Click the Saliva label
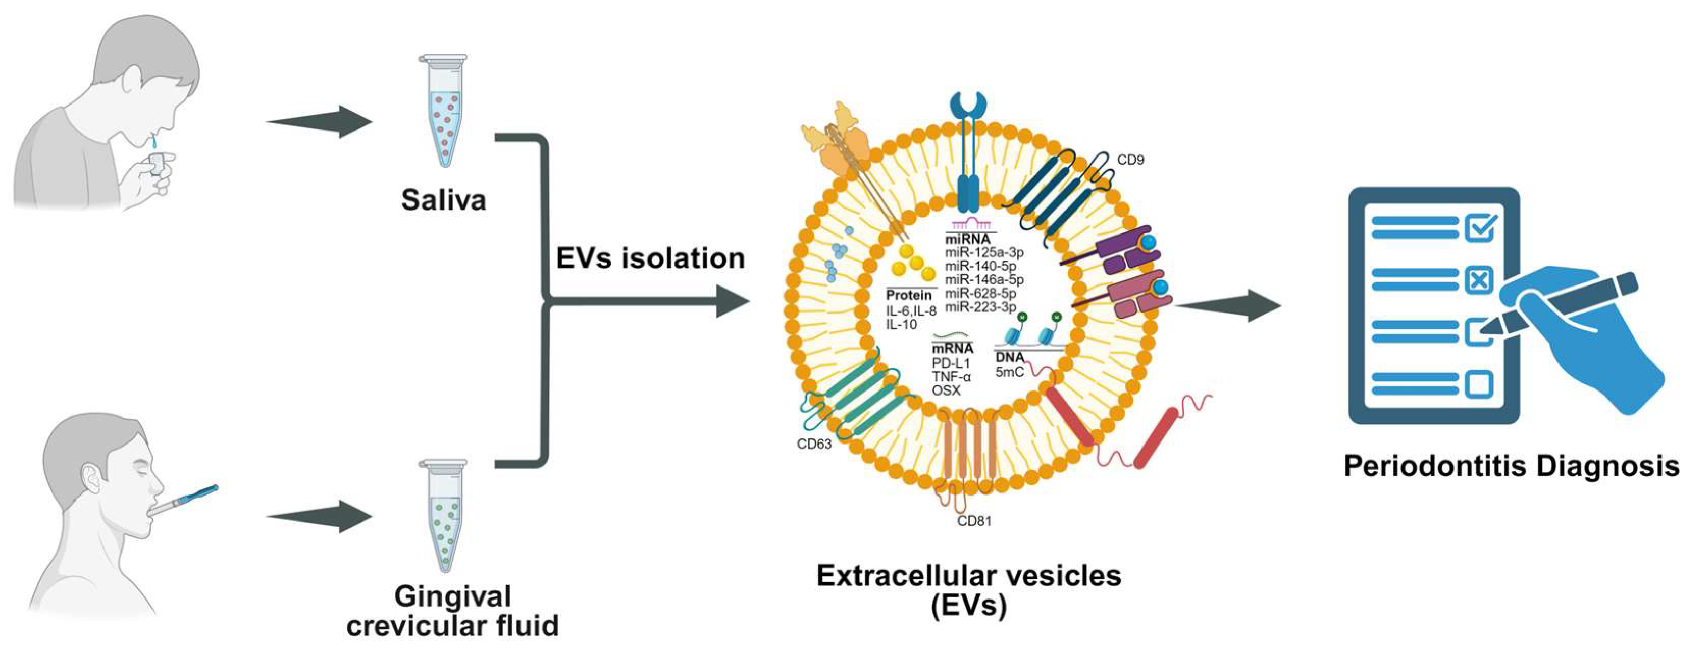444,200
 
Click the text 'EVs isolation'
650,258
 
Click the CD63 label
814,444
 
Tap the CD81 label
974,522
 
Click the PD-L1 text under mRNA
951,363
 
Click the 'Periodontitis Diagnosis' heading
1511,466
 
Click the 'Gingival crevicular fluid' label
452,611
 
